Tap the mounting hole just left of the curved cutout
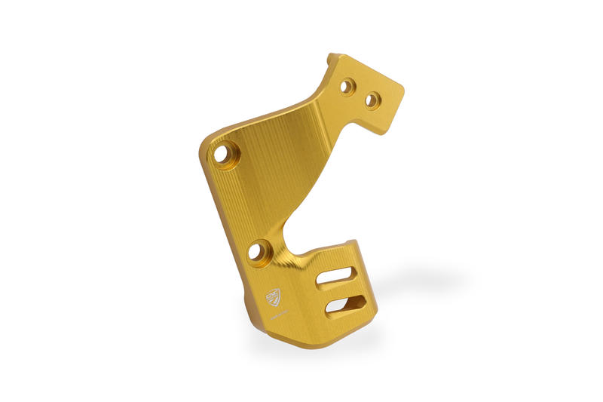coord(257,249)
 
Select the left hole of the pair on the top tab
coord(347,87)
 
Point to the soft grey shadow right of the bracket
coord(422,283)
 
